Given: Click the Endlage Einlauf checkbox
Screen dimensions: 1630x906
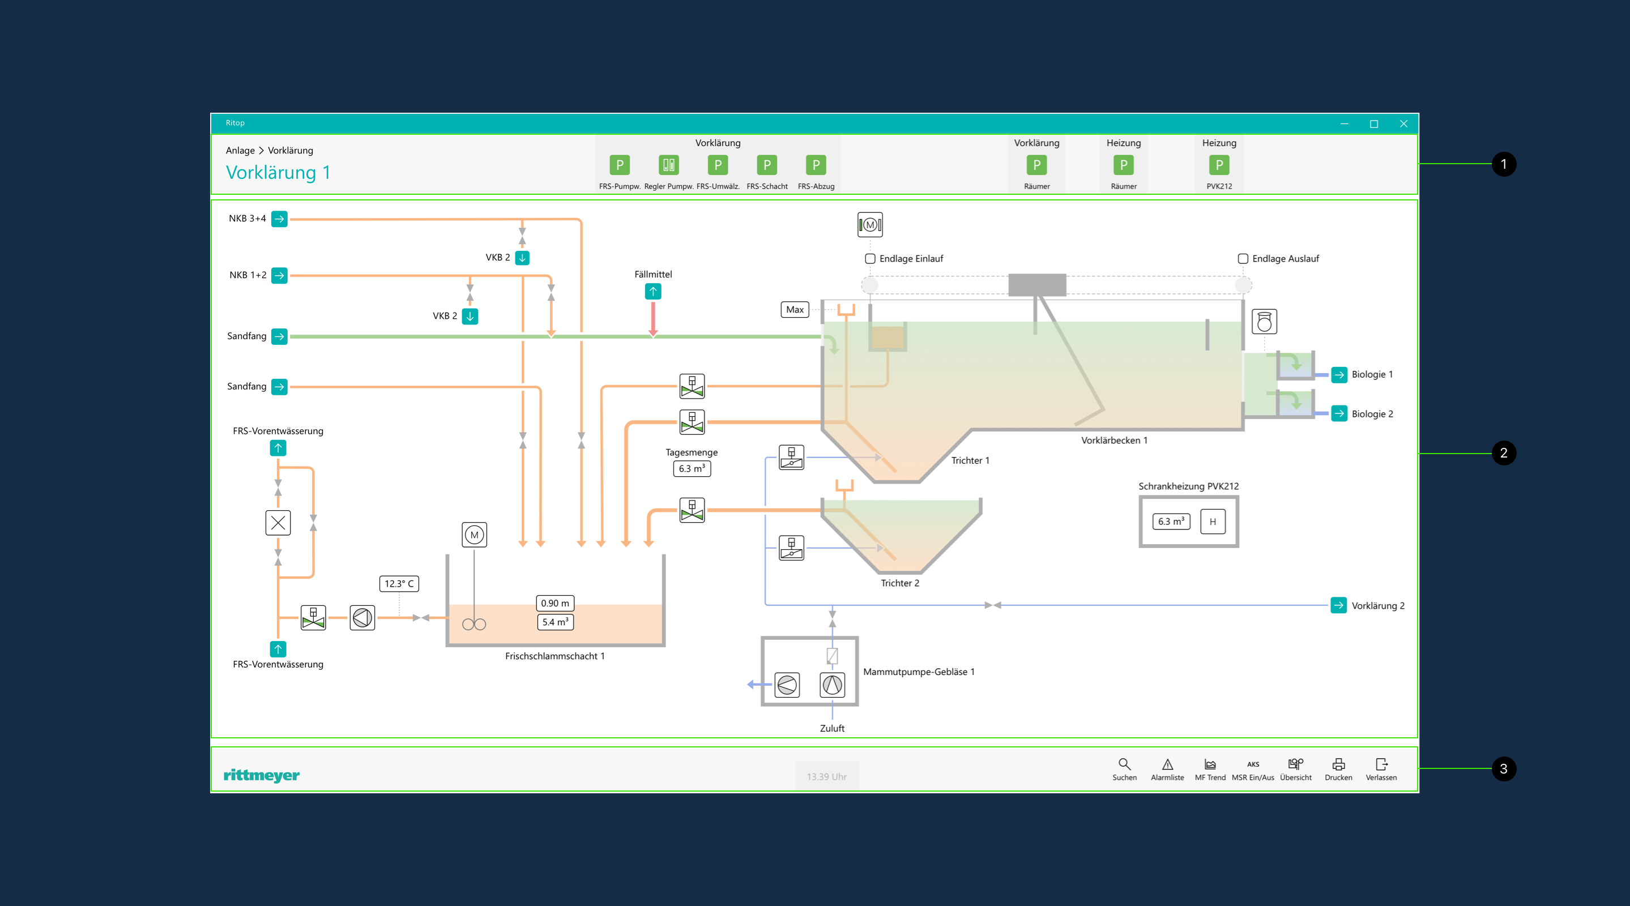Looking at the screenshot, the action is pos(870,259).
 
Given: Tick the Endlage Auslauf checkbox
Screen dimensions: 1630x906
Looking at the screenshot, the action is pos(1243,259).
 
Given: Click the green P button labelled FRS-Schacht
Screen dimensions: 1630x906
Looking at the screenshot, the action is pos(767,165).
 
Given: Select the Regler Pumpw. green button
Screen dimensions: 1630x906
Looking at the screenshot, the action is pos(668,165).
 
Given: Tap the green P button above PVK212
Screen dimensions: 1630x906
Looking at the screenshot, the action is pos(1219,165).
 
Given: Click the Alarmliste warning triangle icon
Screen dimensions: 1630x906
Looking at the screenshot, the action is pos(1167,764).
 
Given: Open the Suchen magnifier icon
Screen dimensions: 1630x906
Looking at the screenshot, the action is pos(1124,764).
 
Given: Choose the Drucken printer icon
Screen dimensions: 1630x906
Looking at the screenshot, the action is pos(1338,764).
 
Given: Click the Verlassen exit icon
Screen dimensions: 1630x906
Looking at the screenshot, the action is pos(1381,764).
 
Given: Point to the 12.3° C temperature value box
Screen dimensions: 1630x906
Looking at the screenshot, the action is pos(399,583).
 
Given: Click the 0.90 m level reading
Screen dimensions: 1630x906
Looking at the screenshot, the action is pos(555,603).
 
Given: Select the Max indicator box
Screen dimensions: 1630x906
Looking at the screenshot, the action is pos(795,309).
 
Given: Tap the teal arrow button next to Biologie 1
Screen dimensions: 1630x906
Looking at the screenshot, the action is pos(1339,374).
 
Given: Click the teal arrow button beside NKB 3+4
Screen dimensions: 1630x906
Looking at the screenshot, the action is pos(279,219).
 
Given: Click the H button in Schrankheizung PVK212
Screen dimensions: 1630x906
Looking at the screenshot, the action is pos(1213,522).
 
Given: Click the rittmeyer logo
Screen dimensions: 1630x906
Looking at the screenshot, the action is pos(261,775).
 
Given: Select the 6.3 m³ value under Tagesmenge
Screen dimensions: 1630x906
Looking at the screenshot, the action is pos(692,469).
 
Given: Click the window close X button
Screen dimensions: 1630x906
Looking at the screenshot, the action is pos(1403,123).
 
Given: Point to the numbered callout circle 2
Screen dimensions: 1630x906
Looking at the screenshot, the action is pos(1504,453).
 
